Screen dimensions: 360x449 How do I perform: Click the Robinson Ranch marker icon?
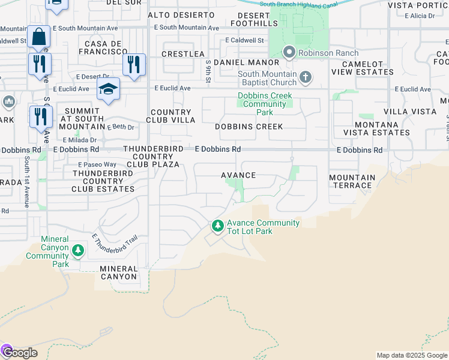289,53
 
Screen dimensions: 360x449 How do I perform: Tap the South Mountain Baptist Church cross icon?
306,76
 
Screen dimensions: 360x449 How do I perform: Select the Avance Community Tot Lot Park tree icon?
217,227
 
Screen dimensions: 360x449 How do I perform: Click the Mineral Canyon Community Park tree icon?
77,250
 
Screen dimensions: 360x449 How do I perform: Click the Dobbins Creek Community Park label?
265,104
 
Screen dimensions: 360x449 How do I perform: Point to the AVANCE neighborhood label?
238,175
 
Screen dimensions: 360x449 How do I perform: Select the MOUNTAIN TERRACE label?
352,182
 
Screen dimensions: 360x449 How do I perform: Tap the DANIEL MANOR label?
246,62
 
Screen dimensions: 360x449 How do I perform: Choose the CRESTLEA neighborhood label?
183,54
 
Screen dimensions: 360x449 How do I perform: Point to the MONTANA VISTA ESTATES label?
376,128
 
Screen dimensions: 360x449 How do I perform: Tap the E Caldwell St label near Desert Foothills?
244,40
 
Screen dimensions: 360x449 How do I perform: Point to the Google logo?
20,353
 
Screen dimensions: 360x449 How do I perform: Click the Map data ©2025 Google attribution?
412,355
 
